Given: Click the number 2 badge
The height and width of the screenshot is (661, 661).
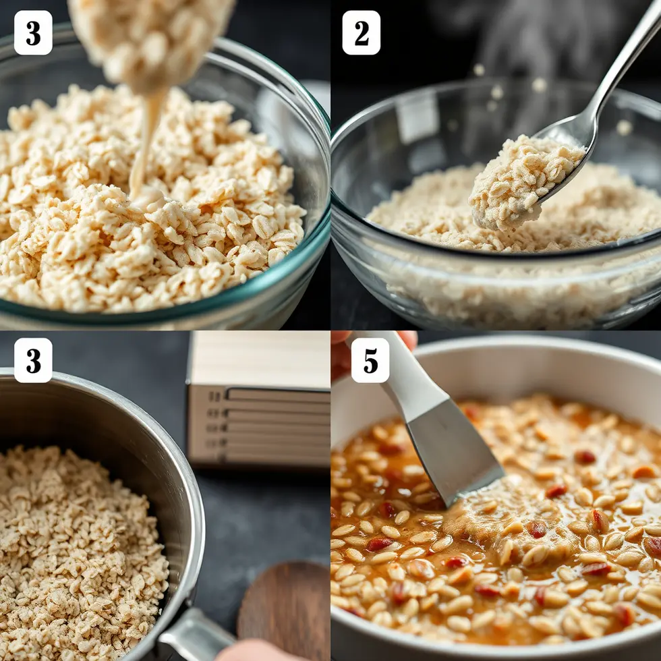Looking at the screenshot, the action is click(x=362, y=32).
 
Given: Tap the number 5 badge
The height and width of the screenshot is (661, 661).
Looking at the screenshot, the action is click(x=370, y=360).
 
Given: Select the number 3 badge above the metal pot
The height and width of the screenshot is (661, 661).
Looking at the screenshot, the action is click(x=33, y=360).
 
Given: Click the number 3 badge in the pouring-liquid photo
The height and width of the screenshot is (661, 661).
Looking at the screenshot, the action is click(x=33, y=32).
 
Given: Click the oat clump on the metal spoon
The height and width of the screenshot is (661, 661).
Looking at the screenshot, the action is click(x=525, y=181).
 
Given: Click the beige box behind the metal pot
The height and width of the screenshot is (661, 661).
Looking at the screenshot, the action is click(x=258, y=399).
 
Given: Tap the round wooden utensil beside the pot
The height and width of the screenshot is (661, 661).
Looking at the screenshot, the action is click(x=287, y=607).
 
